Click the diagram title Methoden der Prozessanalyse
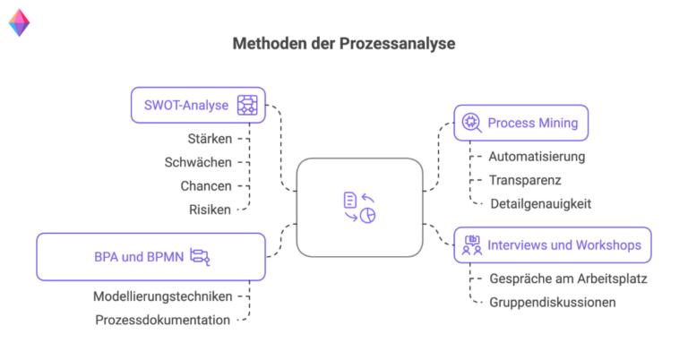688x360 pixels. [x=344, y=43]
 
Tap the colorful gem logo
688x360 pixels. [x=19, y=23]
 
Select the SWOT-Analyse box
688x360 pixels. [x=198, y=105]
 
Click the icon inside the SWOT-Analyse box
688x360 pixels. [x=247, y=105]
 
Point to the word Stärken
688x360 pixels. [x=211, y=139]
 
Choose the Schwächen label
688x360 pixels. [x=198, y=162]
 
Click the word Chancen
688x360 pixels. [x=205, y=185]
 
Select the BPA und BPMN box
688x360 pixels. [x=150, y=257]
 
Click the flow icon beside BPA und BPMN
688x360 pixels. [x=200, y=258]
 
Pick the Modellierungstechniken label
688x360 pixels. [x=163, y=296]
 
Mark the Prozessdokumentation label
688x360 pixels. [x=162, y=319]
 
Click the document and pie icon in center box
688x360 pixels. [x=359, y=208]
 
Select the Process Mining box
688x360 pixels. [x=520, y=123]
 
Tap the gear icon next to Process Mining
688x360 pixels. [x=471, y=123]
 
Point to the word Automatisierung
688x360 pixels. [x=537, y=157]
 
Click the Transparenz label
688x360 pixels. [x=525, y=180]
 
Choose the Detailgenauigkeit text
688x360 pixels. [x=540, y=203]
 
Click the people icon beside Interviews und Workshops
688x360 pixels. [x=471, y=244]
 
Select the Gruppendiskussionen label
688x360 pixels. [x=552, y=302]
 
